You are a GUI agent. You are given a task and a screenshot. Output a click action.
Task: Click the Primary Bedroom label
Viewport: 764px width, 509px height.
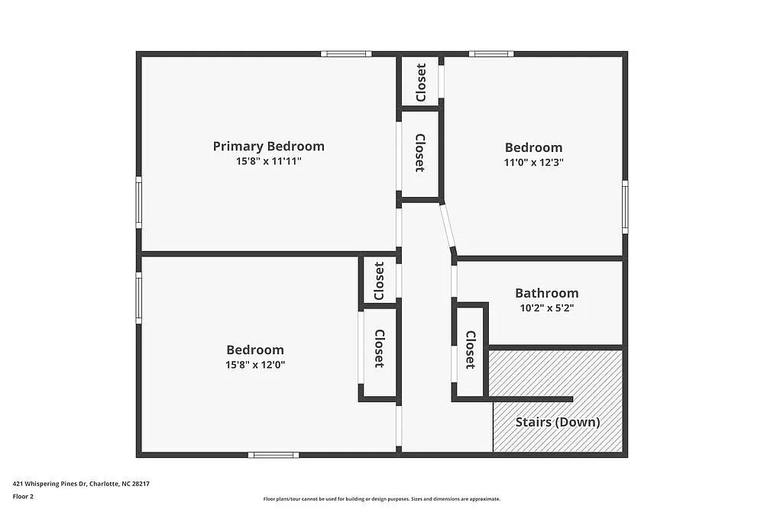[x=268, y=146]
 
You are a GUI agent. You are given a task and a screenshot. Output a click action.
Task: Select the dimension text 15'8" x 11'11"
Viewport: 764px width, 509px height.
[x=268, y=162]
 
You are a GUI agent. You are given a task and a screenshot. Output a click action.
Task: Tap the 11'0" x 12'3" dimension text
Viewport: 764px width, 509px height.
[x=533, y=163]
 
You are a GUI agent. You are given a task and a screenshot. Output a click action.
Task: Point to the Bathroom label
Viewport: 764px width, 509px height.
[x=546, y=293]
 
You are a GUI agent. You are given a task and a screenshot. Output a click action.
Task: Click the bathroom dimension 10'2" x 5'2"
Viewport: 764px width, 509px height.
[x=546, y=308]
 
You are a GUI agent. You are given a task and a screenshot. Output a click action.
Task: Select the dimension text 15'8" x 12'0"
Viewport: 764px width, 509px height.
[x=255, y=365]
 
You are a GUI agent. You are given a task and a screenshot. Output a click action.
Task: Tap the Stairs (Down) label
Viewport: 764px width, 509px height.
[x=557, y=422]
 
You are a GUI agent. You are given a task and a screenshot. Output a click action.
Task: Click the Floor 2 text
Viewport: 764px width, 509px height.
[x=24, y=496]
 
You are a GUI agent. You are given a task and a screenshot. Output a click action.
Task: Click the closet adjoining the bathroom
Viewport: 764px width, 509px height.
[x=471, y=350]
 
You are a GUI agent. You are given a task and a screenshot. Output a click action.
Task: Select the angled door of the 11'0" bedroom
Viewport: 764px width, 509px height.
[x=447, y=227]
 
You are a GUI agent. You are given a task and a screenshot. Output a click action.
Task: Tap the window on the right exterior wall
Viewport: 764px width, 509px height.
[x=625, y=207]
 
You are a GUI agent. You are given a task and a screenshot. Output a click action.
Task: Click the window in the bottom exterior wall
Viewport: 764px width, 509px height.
[x=273, y=455]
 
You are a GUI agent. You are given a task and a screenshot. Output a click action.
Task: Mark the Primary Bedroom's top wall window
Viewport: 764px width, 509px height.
[x=345, y=54]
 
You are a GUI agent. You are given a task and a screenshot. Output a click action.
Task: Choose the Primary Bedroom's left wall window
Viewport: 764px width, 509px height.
[x=139, y=202]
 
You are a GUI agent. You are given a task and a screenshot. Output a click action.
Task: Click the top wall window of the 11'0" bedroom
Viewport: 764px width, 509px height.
[x=490, y=54]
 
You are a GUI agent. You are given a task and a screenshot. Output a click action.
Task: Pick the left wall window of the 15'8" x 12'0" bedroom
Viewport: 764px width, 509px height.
[x=139, y=298]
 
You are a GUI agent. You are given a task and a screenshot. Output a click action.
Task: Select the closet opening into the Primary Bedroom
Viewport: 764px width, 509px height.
[x=419, y=153]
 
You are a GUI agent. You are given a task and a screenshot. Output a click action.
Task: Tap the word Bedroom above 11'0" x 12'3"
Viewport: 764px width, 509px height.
[x=533, y=147]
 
